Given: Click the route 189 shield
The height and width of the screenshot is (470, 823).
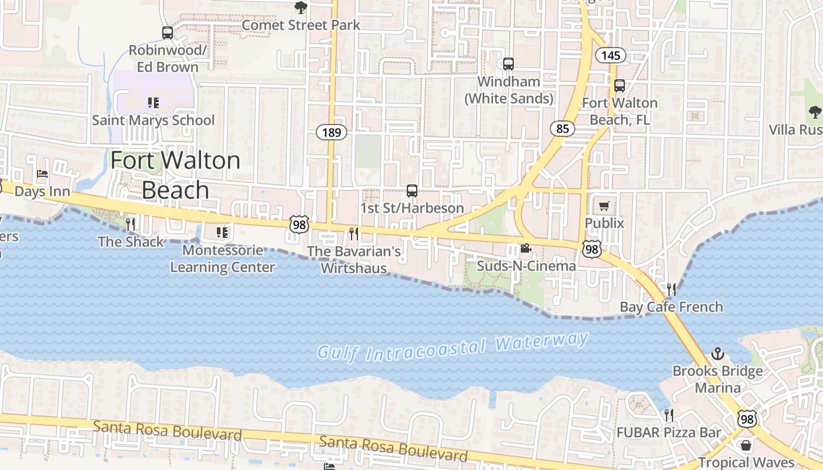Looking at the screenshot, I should tap(332, 132).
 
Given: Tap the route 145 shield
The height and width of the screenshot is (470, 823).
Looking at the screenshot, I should tap(611, 55).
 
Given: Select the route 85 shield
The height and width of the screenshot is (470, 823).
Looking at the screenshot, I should tap(563, 128).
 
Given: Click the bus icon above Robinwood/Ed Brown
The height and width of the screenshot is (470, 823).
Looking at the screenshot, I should tap(168, 33).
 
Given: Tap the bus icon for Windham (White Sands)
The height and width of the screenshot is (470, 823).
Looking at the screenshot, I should tap(508, 63).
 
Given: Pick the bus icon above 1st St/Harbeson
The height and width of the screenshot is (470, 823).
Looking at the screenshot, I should tap(412, 190).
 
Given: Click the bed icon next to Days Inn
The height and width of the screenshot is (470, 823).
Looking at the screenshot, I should tap(42, 174).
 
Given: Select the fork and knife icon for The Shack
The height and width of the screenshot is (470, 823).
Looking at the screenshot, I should tap(131, 224).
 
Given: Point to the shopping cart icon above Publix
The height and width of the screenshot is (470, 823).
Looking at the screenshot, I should tap(604, 206).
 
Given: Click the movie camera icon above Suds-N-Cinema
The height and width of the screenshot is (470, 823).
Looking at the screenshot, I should tap(526, 249).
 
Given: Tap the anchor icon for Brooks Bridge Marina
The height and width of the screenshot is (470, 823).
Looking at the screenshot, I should tap(717, 354).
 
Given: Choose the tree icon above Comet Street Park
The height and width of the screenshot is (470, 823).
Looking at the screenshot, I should tap(300, 8).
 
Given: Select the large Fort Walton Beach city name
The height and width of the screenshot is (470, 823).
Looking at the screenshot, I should tap(175, 175).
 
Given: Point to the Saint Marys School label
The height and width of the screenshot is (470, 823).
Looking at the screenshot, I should tap(153, 120).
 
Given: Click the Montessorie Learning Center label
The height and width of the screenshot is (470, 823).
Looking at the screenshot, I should tap(222, 258).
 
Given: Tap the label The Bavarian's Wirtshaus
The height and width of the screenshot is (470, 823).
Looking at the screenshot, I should tap(354, 260).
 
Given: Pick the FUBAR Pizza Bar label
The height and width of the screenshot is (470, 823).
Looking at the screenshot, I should tap(668, 433).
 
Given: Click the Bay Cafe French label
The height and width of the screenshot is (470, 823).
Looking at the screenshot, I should tap(671, 307).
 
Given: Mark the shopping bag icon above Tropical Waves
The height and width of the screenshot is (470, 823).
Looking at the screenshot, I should tap(746, 445).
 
